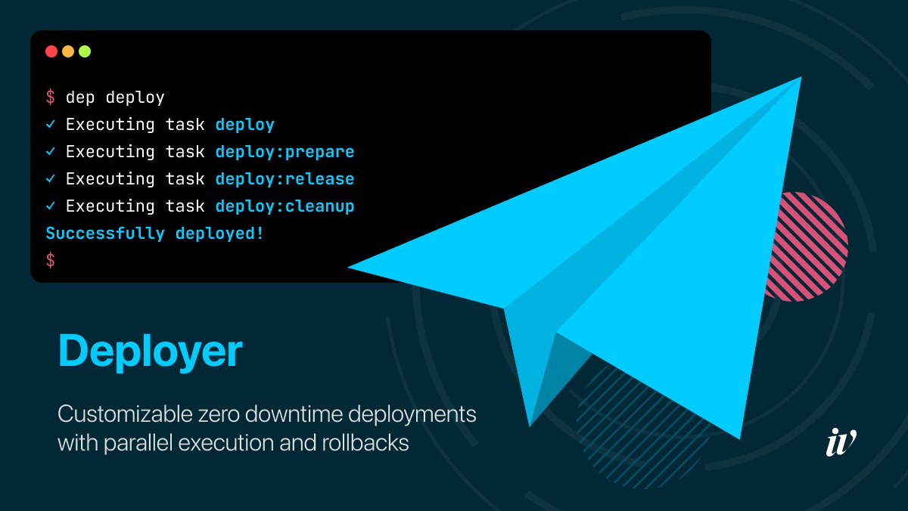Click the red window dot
51,51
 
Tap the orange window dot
68,51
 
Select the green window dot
85,51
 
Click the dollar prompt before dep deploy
50,98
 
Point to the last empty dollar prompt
50,260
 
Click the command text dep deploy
115,98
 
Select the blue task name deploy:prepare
285,153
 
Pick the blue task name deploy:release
285,179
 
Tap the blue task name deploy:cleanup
285,206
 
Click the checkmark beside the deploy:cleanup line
50,206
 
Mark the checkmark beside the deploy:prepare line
50,151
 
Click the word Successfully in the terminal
105,234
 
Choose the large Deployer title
151,352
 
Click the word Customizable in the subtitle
125,414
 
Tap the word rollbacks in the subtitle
365,442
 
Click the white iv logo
841,442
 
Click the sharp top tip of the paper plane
801,77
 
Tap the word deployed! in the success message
219,234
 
